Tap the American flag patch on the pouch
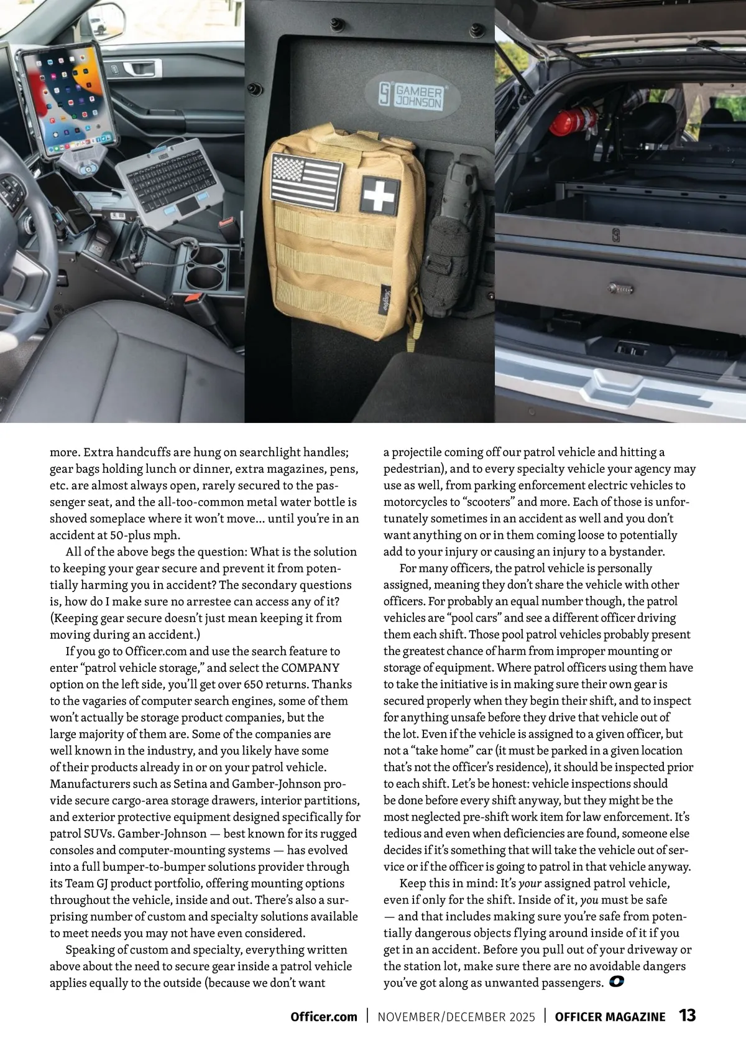[x=306, y=182]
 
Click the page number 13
[x=687, y=1015]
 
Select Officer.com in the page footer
[x=324, y=1016]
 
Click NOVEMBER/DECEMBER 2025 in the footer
[x=456, y=1016]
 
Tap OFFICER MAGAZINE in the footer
[x=610, y=1016]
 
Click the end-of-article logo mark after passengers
[x=617, y=982]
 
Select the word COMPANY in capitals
[x=310, y=667]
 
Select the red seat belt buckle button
[x=226, y=221]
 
